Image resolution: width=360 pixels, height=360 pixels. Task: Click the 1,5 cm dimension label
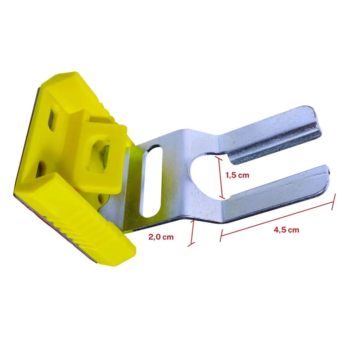click(x=237, y=175)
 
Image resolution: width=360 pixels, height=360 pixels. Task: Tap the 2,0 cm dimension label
click(x=161, y=237)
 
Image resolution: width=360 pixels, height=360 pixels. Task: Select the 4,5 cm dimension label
click(x=286, y=230)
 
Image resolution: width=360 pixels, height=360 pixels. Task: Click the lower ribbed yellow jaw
click(x=76, y=218)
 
